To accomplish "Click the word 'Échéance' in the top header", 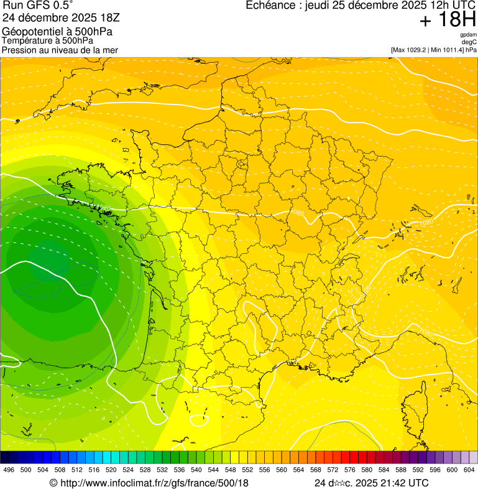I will pos(270,6).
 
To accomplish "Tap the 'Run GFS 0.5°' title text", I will pos(37,6).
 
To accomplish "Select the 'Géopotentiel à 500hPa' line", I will pos(57,31).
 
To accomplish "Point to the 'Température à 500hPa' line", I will pos(52,40).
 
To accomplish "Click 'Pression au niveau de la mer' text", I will pos(60,50).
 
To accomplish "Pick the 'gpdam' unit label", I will pos(468,34).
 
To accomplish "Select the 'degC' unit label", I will pos(469,42).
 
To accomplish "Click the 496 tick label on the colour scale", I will pos(9,470).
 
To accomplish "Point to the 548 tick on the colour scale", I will pos(230,470).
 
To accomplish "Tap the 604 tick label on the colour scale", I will pos(469,470).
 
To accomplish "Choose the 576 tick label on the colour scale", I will pos(349,470).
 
